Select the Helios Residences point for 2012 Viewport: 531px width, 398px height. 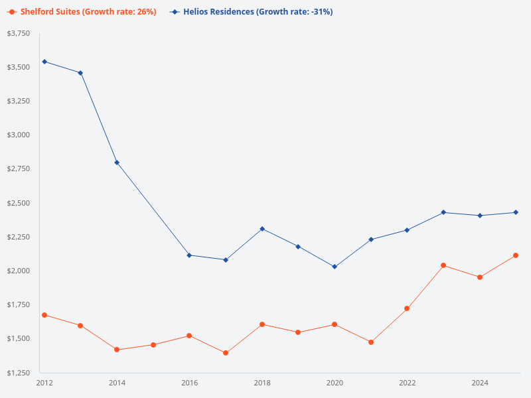[44, 62]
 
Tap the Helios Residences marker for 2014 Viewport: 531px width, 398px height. [117, 163]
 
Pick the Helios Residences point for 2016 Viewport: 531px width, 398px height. [190, 255]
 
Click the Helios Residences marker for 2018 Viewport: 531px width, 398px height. [262, 229]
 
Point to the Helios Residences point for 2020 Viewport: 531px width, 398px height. [335, 267]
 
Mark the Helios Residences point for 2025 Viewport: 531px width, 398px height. [516, 212]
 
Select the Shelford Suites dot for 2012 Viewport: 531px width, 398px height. [44, 315]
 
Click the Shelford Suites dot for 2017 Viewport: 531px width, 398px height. [226, 353]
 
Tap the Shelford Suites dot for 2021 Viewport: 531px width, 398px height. [371, 342]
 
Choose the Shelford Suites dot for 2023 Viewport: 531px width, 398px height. [443, 265]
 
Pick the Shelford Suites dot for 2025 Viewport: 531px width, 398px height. [516, 255]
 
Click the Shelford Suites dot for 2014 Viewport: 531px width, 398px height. [117, 350]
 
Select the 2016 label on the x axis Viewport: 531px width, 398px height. [190, 383]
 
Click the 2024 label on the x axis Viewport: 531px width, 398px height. [480, 383]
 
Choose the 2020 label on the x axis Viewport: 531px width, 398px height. [335, 383]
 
